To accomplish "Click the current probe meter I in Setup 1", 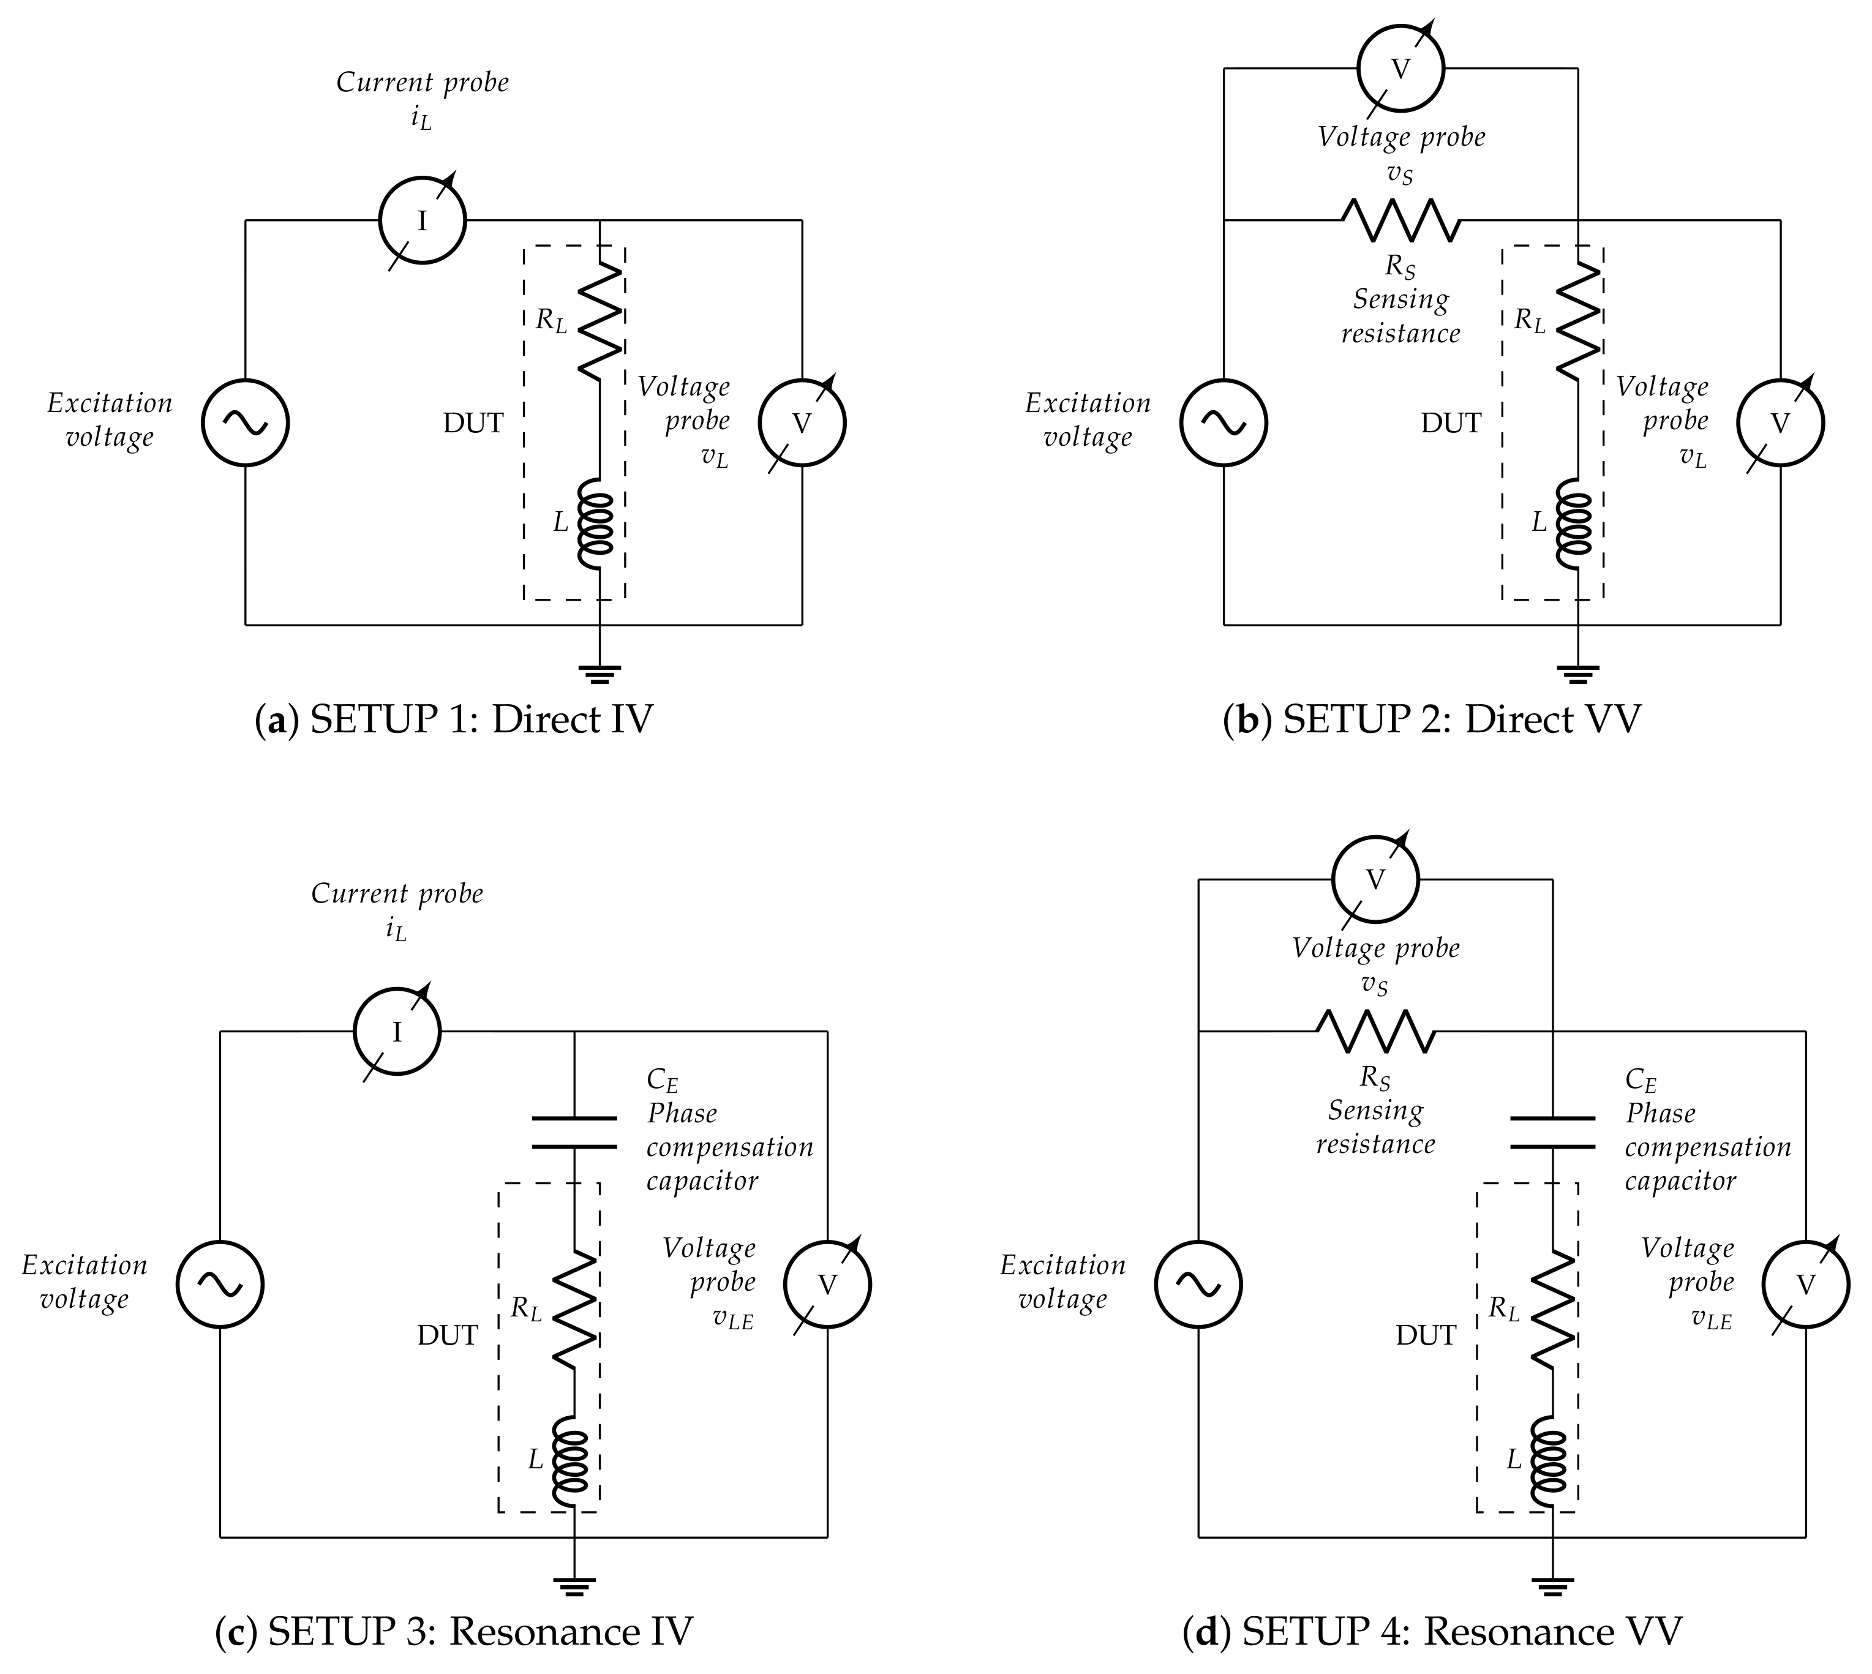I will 423,221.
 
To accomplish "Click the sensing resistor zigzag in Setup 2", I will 1400,221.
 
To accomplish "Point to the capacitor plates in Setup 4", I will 1553,1132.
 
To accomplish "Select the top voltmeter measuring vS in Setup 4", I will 1375,879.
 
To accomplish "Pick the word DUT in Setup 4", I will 1425,1335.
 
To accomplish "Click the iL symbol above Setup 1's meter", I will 421,119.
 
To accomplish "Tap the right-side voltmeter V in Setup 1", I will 801,423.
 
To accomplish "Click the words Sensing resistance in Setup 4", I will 1375,1128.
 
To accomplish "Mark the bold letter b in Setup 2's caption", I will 1247,719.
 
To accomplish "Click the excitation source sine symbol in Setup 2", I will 1224,423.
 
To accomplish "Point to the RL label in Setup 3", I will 526,1308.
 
